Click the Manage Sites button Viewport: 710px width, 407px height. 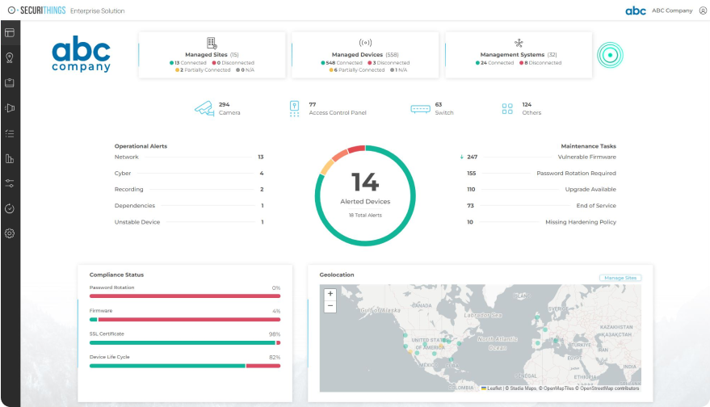[x=620, y=278]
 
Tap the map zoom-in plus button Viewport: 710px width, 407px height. [x=330, y=294]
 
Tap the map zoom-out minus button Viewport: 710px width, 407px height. [x=330, y=306]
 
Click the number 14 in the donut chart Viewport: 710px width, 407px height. [x=364, y=181]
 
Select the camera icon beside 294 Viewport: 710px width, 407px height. [x=204, y=108]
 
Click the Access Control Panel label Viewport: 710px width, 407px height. [x=337, y=113]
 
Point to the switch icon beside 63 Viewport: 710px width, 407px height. [x=420, y=108]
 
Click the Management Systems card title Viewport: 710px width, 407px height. [x=512, y=55]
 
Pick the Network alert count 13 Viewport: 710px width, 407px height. [x=260, y=157]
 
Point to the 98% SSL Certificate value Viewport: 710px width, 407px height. [x=275, y=334]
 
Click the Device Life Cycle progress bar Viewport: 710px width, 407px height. [x=184, y=366]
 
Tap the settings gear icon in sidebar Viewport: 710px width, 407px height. [x=10, y=233]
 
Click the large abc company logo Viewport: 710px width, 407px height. [x=81, y=55]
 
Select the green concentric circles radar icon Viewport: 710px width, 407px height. [x=610, y=55]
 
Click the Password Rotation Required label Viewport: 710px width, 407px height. [x=576, y=173]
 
